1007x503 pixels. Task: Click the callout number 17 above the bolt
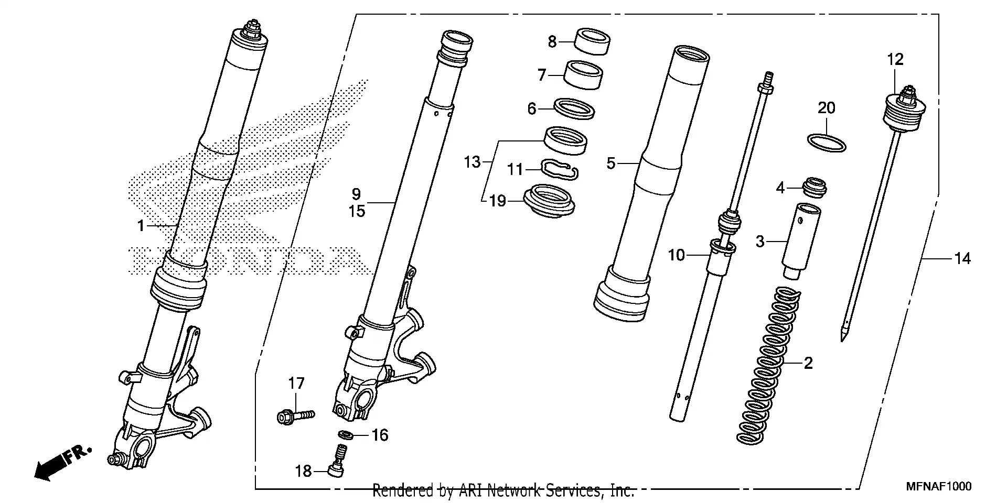point(296,384)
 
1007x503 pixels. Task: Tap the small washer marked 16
point(345,434)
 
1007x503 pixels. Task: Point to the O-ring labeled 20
point(826,143)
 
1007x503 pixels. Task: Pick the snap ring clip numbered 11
point(559,169)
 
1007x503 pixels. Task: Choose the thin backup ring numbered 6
point(575,108)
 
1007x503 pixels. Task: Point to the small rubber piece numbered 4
point(815,188)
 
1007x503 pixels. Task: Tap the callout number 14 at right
point(962,259)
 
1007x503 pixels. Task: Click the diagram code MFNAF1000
point(938,487)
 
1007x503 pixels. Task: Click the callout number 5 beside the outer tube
point(610,163)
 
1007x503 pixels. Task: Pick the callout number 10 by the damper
point(676,255)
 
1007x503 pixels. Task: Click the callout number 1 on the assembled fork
point(140,226)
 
